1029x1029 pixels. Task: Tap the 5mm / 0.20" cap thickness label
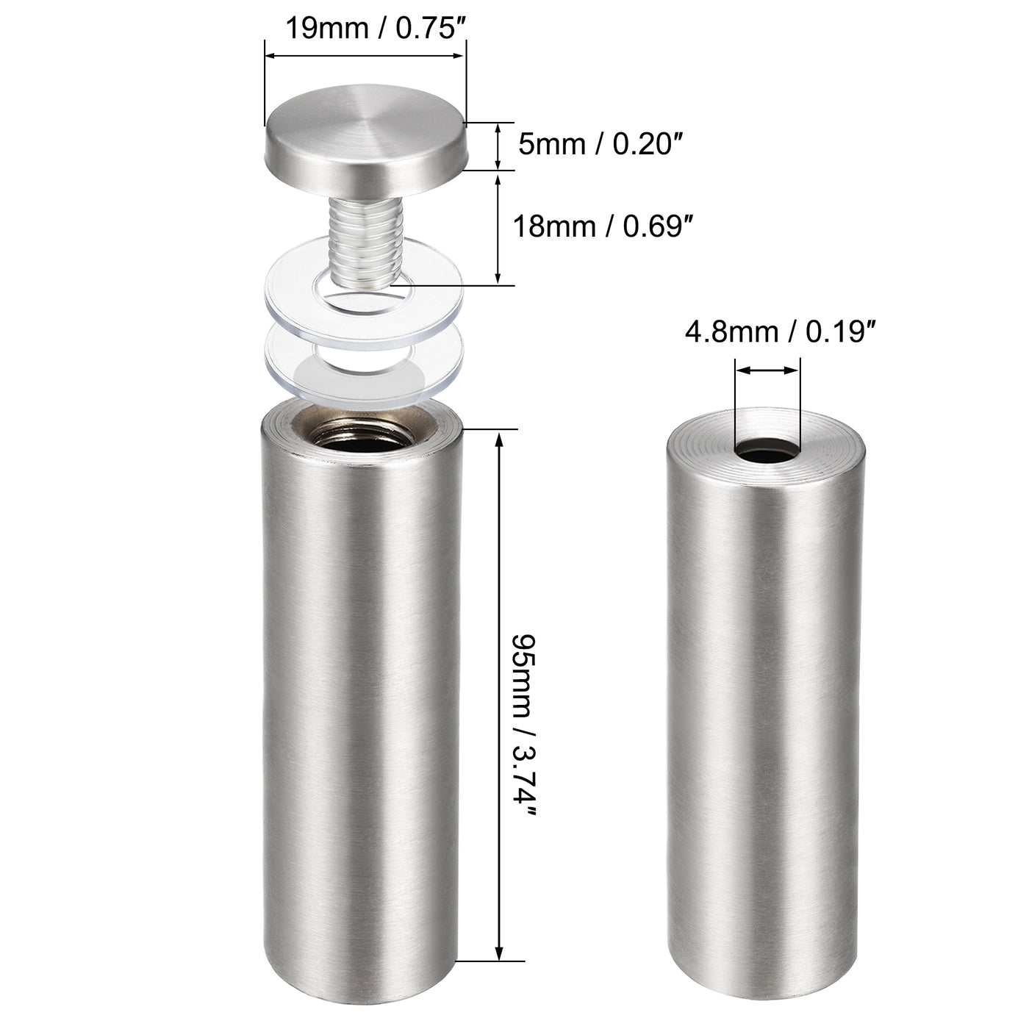pyautogui.click(x=595, y=145)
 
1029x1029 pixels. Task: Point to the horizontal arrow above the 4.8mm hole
pyautogui.click(x=767, y=371)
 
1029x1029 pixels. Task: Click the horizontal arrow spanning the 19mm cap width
pyautogui.click(x=365, y=55)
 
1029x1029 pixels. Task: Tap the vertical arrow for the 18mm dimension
pyautogui.click(x=499, y=228)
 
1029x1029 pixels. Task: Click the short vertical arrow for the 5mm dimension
pyautogui.click(x=499, y=146)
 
